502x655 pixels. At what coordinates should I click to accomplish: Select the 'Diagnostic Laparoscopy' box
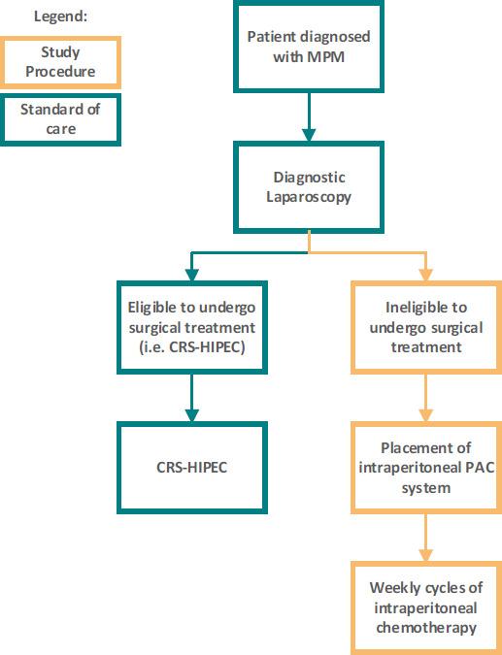coord(308,187)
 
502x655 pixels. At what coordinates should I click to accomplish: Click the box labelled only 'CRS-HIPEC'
coord(191,467)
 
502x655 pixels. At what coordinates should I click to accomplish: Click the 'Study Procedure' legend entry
coord(60,61)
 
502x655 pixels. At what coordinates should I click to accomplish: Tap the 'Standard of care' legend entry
coord(60,118)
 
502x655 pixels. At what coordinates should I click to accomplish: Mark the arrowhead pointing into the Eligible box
coord(191,272)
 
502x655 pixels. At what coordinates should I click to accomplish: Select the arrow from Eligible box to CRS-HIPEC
coord(191,397)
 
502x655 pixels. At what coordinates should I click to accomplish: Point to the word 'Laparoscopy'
coord(308,197)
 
